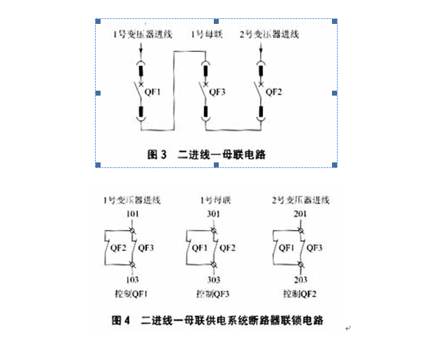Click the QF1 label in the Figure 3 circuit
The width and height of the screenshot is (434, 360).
[x=154, y=91]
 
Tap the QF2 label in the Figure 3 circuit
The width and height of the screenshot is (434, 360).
[x=275, y=91]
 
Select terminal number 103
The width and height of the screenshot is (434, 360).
[x=132, y=279]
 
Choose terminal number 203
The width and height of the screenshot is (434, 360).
[x=300, y=279]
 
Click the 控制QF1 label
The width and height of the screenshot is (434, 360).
[x=132, y=293]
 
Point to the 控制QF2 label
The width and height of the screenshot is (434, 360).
[x=300, y=293]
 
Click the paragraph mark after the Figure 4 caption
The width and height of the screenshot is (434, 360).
[x=347, y=328]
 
